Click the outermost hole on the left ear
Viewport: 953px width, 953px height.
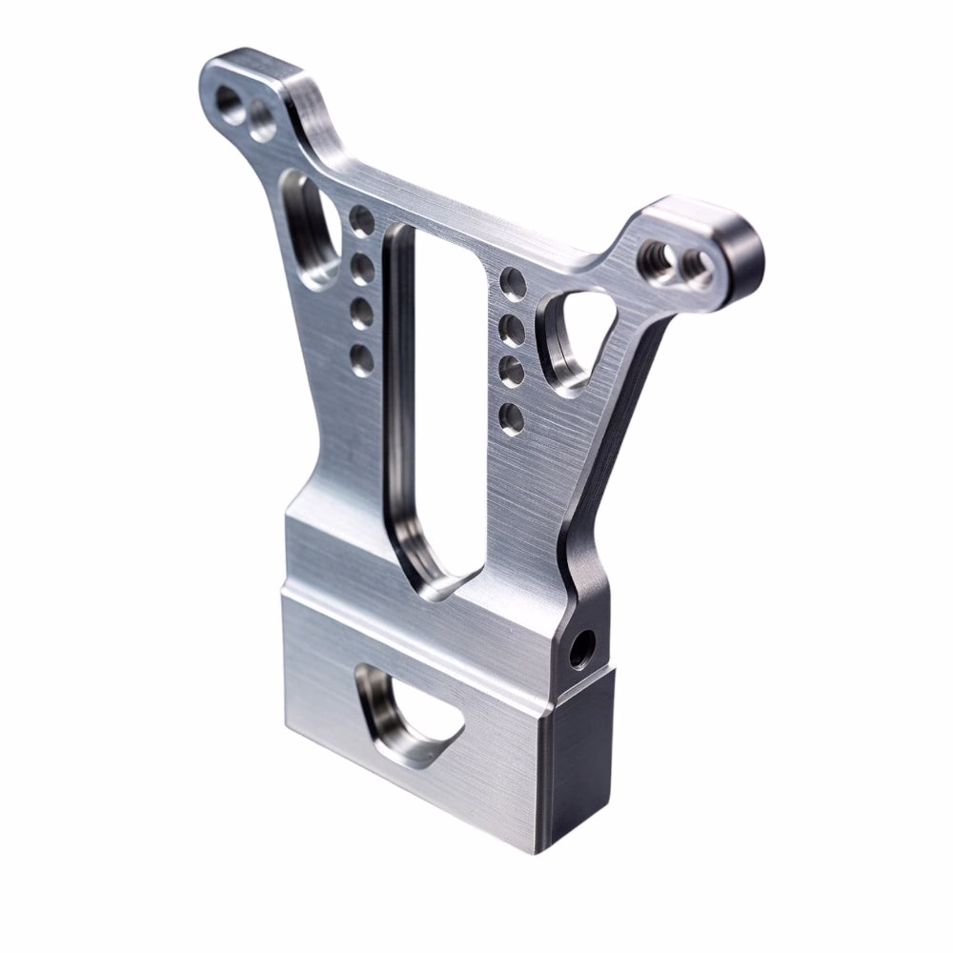coord(229,99)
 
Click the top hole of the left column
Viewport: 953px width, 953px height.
coord(361,220)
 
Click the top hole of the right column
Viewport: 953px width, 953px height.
coord(513,282)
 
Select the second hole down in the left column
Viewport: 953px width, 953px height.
coord(361,268)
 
